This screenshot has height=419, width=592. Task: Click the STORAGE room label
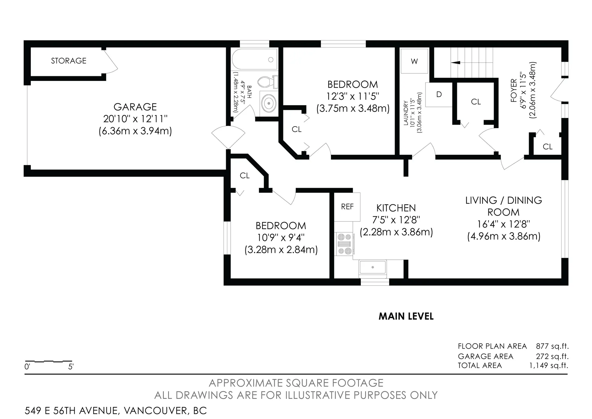pos(68,61)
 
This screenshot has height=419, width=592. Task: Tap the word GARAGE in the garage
pos(135,107)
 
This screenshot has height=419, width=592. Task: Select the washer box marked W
pos(414,61)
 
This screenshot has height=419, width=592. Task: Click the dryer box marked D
pos(439,94)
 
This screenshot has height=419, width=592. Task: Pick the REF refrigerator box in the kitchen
pos(347,207)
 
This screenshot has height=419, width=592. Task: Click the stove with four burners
pos(344,244)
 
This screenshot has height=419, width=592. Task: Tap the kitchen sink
pos(372,267)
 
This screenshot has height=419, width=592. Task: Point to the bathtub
pos(254,60)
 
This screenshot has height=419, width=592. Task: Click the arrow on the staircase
pos(455,63)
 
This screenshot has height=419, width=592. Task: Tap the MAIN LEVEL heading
pos(406,316)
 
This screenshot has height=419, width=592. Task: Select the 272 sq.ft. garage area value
pos(552,356)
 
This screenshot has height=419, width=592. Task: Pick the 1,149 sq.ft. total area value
pos(549,366)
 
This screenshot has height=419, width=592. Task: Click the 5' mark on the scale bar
pos(71,367)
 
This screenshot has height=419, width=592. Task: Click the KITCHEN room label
pos(396,208)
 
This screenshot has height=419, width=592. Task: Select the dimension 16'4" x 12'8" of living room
pos(503,224)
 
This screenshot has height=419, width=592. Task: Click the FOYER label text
pos(514,90)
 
